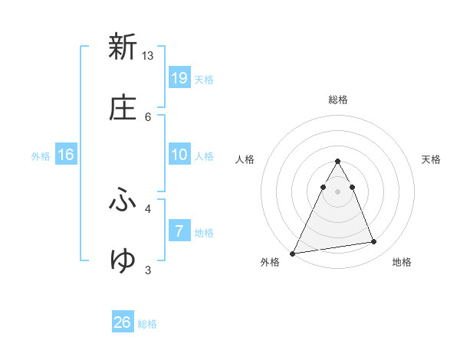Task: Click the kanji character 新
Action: (x=123, y=47)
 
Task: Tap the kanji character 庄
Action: (x=123, y=109)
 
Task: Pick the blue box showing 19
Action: (x=179, y=77)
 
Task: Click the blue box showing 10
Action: (x=179, y=155)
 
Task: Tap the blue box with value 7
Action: (x=179, y=231)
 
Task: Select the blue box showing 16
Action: (x=66, y=155)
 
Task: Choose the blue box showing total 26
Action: (x=123, y=322)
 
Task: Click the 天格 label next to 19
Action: (x=204, y=80)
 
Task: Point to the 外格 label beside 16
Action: (x=41, y=156)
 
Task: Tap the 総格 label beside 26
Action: (x=147, y=324)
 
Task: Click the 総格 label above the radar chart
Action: (x=338, y=100)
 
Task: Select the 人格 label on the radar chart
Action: (x=245, y=159)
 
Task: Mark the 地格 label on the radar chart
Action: (x=402, y=262)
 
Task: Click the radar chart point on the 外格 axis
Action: (x=293, y=253)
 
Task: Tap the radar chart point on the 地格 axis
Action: (x=374, y=242)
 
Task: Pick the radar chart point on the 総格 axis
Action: (x=338, y=162)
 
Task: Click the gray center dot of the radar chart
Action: (x=338, y=191)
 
